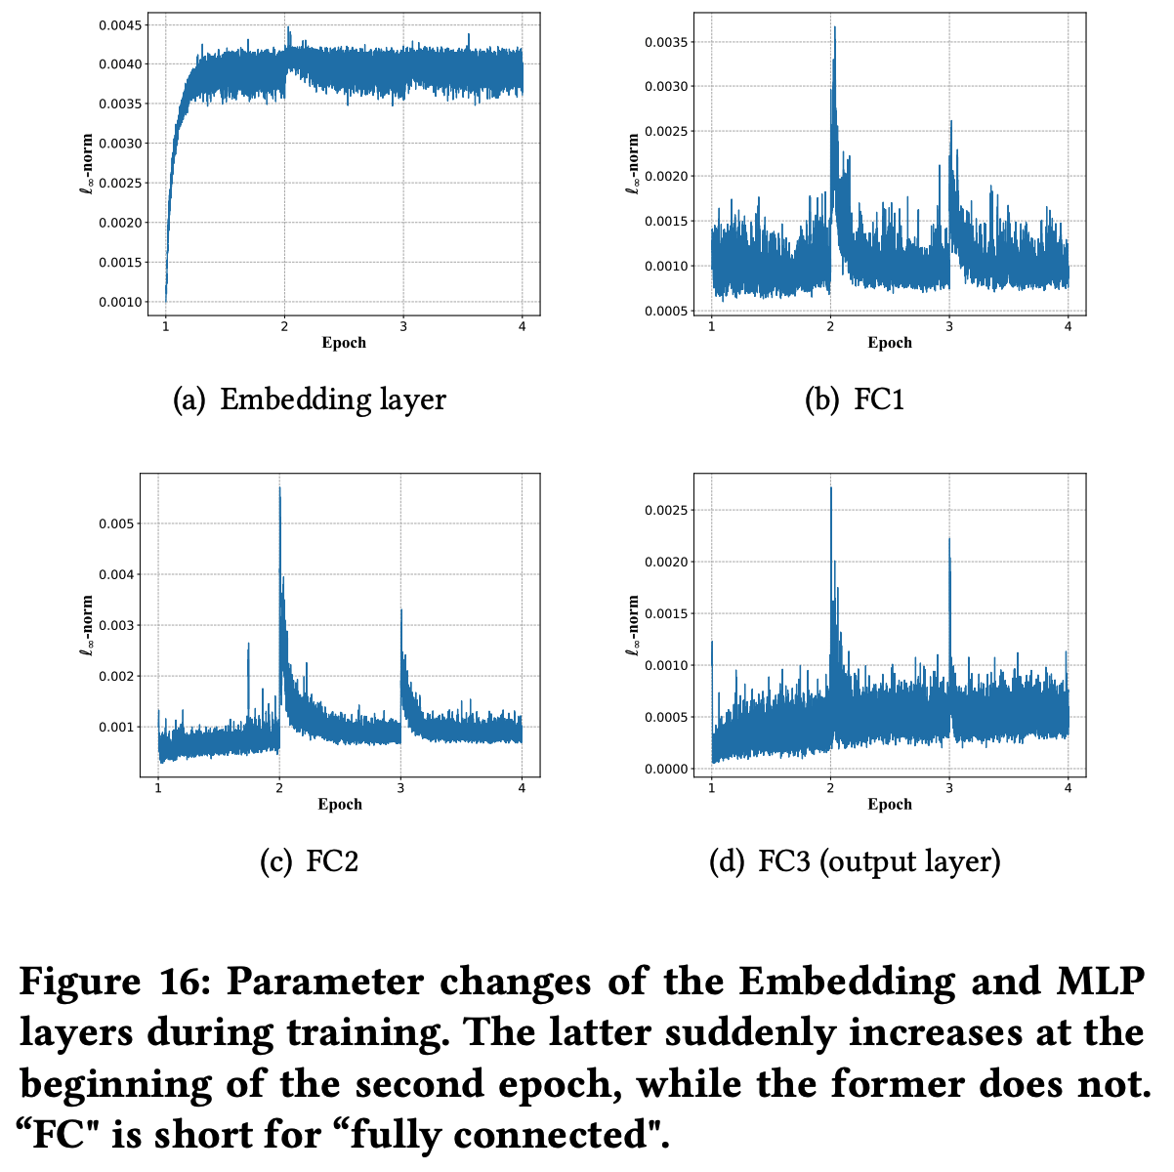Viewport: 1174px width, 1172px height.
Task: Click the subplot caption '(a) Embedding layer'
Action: point(309,399)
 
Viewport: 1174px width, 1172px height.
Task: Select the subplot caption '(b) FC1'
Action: point(854,399)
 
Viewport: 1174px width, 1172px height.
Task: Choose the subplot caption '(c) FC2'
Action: point(309,861)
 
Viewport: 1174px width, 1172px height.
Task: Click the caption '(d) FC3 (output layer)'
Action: point(854,861)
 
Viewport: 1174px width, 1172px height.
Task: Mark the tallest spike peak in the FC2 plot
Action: point(280,487)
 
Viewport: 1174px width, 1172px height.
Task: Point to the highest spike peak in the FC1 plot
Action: point(835,27)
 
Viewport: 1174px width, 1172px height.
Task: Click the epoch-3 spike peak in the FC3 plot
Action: point(949,538)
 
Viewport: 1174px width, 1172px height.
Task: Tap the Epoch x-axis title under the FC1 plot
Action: point(890,343)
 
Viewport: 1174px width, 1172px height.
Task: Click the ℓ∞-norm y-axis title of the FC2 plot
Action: point(86,625)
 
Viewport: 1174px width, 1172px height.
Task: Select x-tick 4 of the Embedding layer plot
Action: point(522,326)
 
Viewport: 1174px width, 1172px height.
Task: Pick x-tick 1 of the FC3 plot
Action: point(711,787)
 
